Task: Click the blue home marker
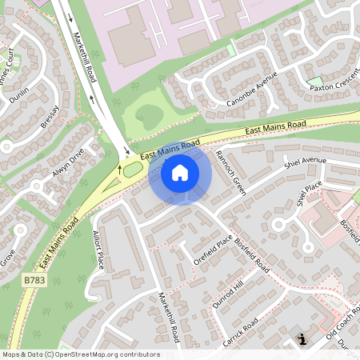coord(180,172)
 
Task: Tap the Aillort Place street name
coord(98,252)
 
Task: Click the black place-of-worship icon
coord(302,340)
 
